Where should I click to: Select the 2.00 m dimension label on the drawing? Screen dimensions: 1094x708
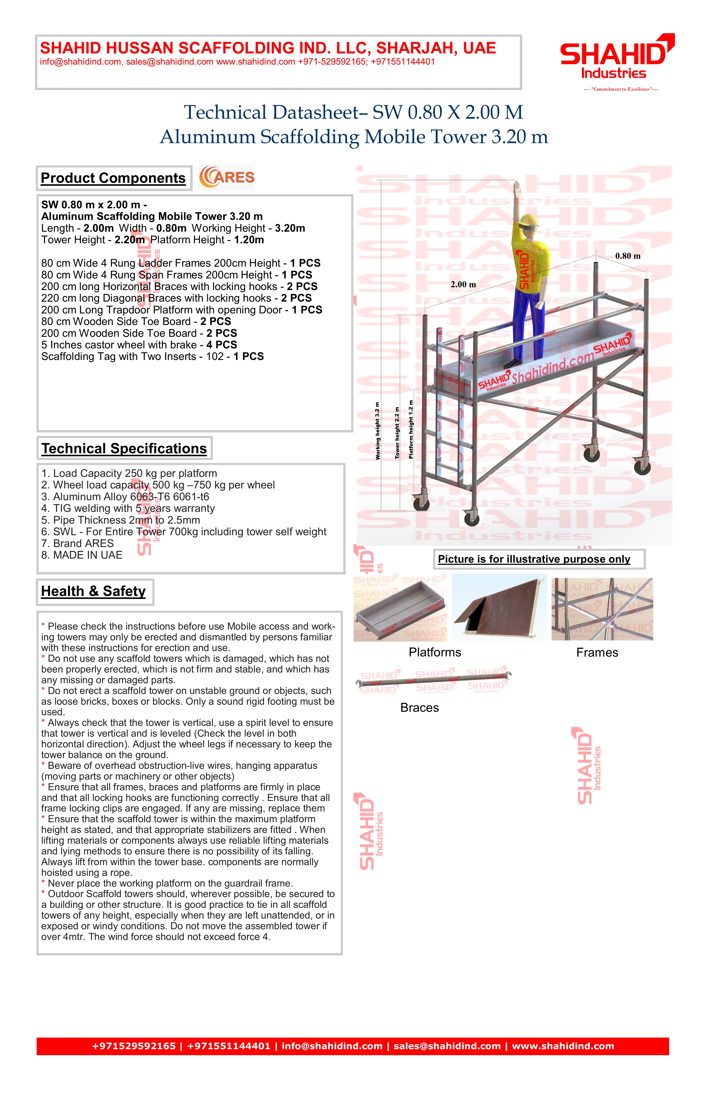click(463, 284)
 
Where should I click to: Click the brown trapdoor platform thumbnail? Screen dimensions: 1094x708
click(499, 608)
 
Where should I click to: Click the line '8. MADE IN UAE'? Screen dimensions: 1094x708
click(82, 555)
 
